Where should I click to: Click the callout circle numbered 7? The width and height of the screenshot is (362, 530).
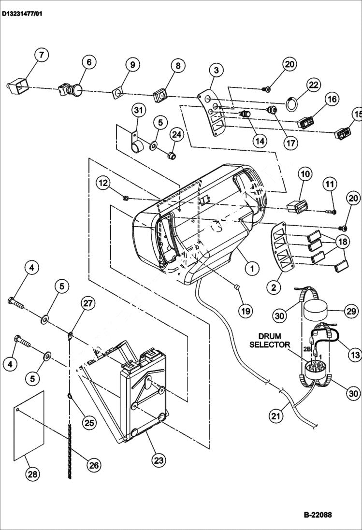click(x=41, y=55)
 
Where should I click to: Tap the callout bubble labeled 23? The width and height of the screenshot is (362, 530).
click(x=159, y=460)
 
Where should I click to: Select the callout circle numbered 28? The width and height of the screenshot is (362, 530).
click(x=32, y=474)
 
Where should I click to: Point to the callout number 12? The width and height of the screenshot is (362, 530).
click(x=103, y=183)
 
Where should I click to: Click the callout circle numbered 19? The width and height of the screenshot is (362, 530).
click(x=246, y=310)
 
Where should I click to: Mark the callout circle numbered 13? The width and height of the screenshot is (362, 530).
click(x=355, y=355)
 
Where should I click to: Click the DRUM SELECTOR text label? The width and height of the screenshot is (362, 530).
click(x=274, y=340)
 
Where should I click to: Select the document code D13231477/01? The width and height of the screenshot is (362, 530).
click(x=22, y=14)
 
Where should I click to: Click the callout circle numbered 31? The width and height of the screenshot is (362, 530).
click(x=139, y=110)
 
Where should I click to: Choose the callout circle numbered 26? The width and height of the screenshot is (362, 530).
click(x=93, y=465)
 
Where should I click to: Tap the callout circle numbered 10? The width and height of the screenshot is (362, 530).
click(x=304, y=174)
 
